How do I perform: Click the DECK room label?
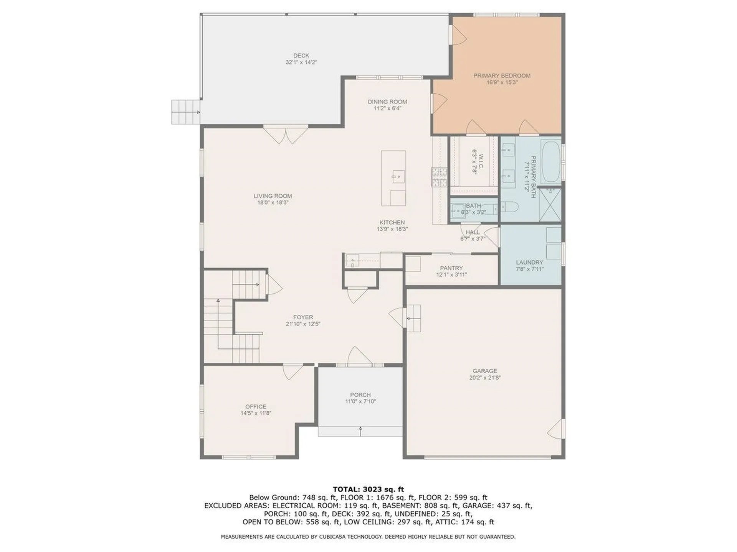(301, 56)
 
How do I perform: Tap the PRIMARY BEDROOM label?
(502, 76)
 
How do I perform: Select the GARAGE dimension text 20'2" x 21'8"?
(485, 378)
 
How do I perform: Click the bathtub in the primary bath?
(551, 163)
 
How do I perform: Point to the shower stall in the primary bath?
(550, 204)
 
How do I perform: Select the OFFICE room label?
(256, 406)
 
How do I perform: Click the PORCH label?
(360, 395)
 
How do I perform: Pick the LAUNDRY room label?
(529, 263)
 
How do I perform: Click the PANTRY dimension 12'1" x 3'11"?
(451, 274)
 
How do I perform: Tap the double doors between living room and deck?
(286, 135)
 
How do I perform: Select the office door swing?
(293, 372)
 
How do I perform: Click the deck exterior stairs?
(186, 112)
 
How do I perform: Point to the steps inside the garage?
(413, 318)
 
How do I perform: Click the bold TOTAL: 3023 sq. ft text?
(368, 489)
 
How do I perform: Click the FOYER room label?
(303, 317)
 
